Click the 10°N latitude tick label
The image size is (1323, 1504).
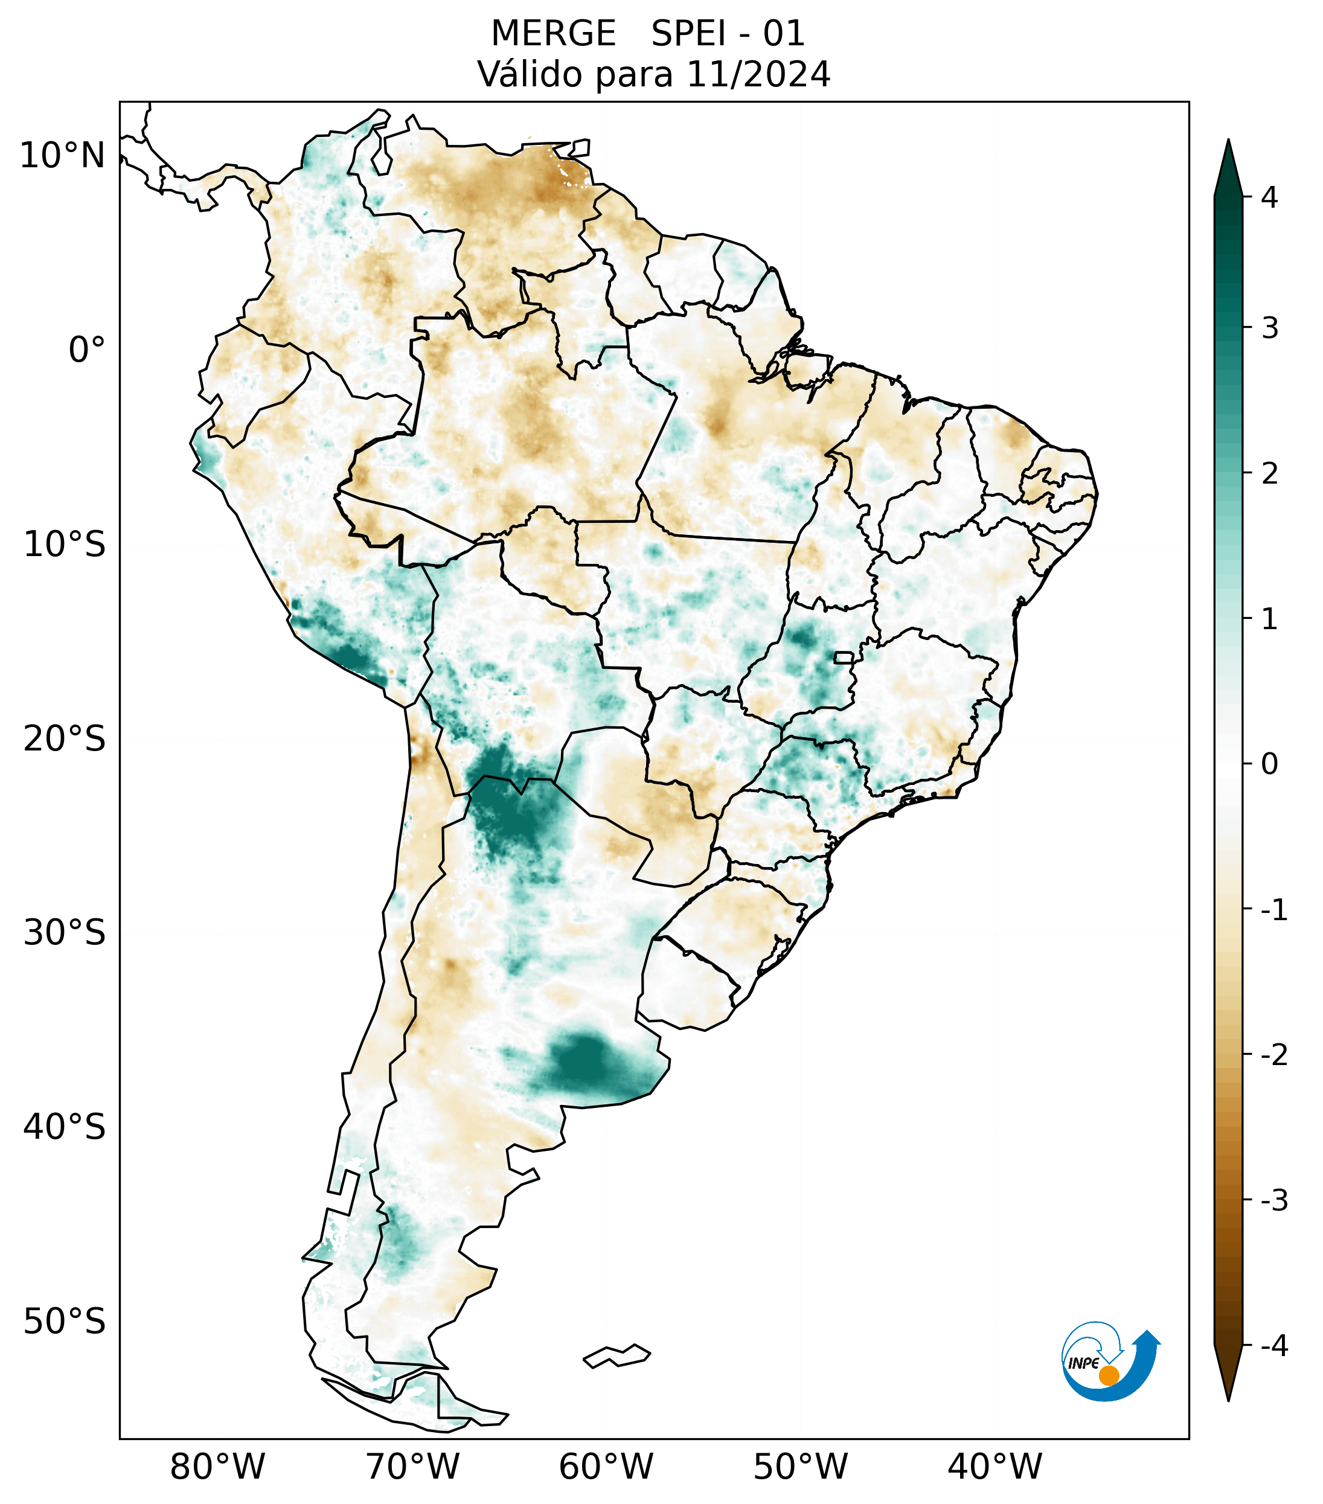(62, 156)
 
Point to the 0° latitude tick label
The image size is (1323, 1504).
(87, 350)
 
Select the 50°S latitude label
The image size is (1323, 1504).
(65, 1322)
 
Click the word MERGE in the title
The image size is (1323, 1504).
(553, 34)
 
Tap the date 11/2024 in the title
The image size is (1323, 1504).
(758, 74)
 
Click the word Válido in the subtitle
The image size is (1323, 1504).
(530, 74)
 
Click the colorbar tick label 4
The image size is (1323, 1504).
(1269, 197)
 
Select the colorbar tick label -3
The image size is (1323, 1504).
(1273, 1201)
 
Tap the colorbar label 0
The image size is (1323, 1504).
(1269, 764)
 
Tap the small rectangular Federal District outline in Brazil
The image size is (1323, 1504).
(844, 657)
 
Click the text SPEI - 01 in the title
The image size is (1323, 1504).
(728, 34)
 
